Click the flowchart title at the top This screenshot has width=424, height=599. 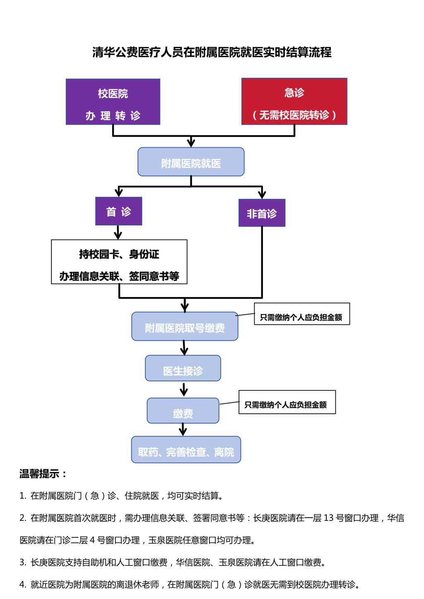212,53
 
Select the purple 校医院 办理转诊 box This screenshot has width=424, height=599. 113,102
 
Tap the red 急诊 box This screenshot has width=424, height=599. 294,101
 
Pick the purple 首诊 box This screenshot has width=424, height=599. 119,211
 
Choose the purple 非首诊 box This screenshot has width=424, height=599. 262,213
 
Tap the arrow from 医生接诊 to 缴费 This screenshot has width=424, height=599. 184,390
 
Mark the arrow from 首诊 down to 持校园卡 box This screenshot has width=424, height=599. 118,233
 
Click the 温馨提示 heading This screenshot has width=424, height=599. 43,474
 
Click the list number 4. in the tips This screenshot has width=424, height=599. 23,585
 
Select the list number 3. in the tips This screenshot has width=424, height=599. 23,563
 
